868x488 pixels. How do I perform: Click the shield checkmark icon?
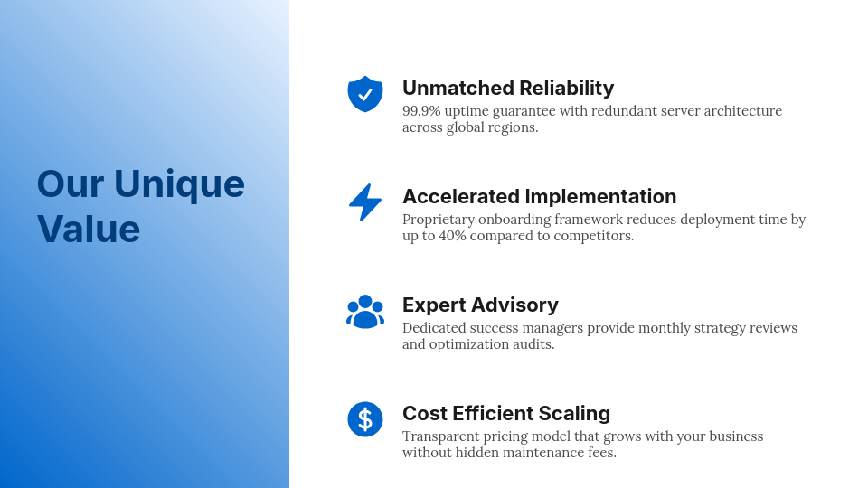click(365, 94)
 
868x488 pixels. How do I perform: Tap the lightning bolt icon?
click(365, 202)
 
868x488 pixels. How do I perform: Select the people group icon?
click(365, 311)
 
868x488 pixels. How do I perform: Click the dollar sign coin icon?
click(365, 419)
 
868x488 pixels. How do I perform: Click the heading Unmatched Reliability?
click(507, 88)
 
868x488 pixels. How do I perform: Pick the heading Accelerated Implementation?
click(539, 196)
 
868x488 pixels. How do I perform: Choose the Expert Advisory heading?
click(480, 305)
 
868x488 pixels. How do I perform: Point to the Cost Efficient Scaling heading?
click(506, 413)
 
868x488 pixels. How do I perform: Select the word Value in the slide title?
click(89, 229)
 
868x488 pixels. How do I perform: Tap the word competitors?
click(591, 236)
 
